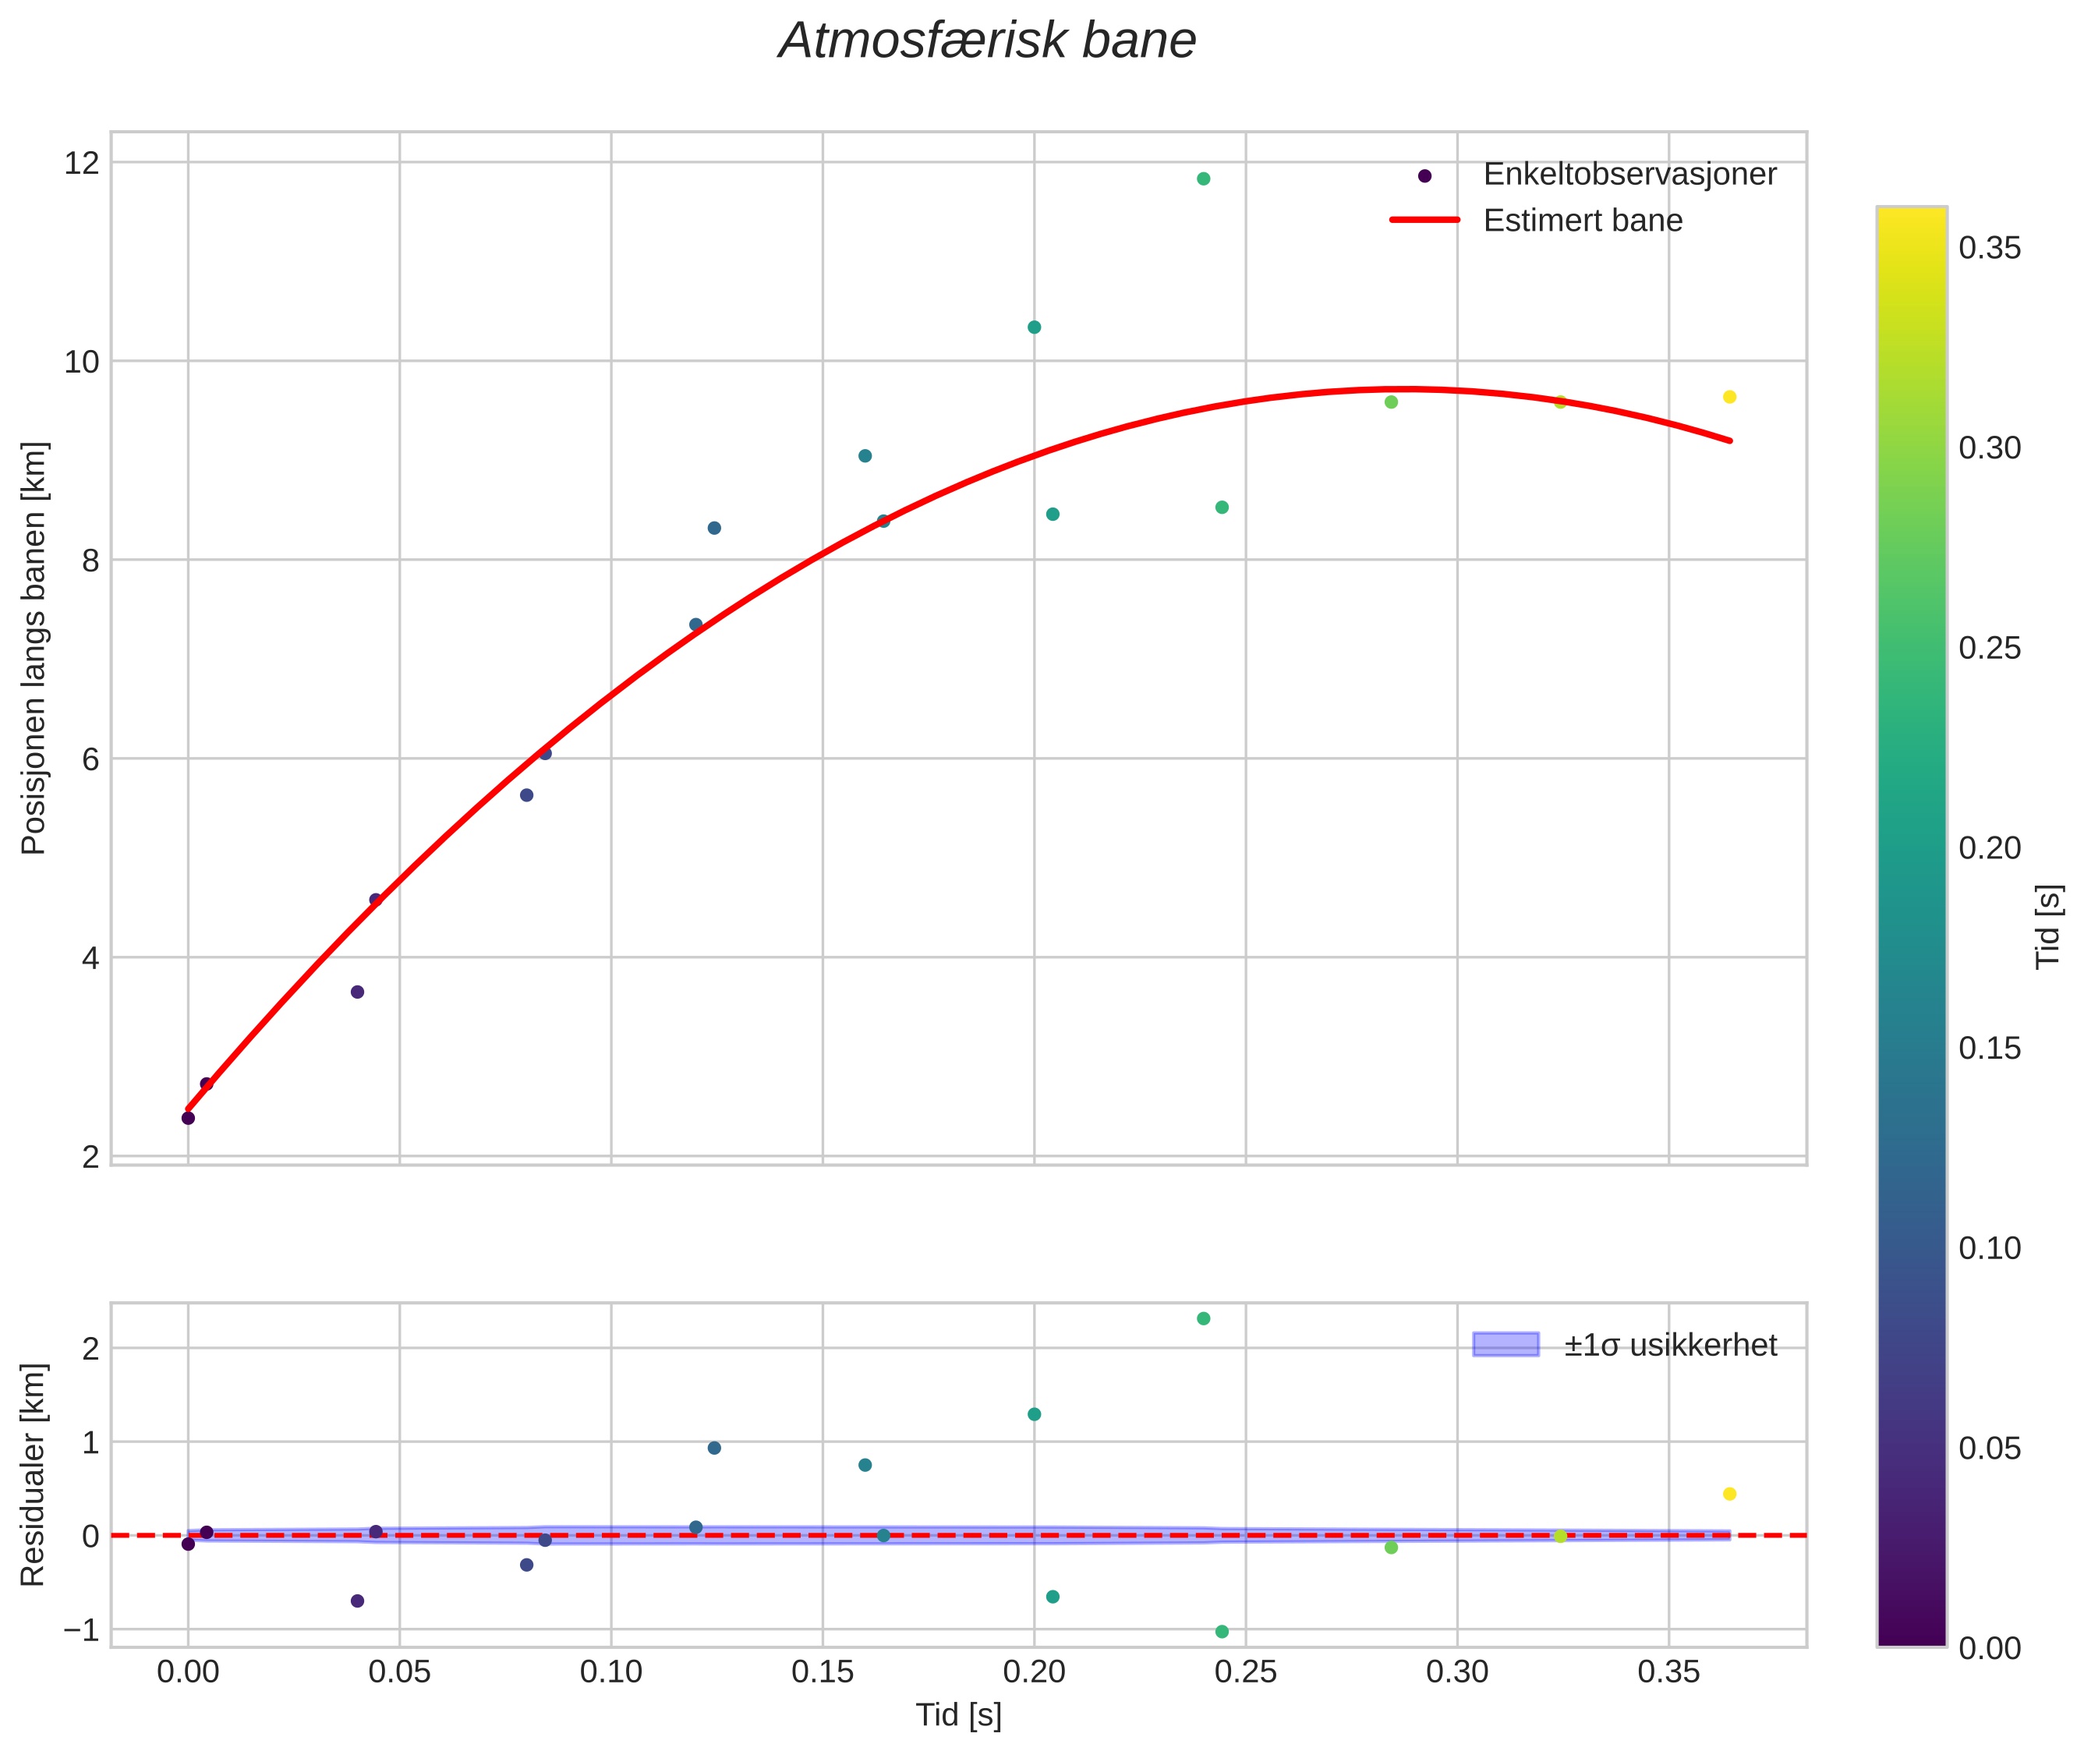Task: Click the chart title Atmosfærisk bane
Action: point(987,41)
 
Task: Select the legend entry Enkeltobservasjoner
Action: point(1628,175)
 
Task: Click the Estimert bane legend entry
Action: point(1582,221)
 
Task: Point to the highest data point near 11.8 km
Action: point(1203,179)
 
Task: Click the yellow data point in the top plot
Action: point(1729,397)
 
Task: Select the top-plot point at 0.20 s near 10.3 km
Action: point(1034,327)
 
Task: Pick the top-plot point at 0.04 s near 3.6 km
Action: point(357,992)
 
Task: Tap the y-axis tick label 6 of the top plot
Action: point(90,759)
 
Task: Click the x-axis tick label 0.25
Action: point(1245,1672)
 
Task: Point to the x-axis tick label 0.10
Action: point(610,1672)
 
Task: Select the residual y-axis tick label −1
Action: point(80,1631)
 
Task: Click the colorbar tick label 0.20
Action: point(1990,849)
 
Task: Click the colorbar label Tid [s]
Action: point(2048,926)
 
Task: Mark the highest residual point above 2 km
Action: point(1203,1318)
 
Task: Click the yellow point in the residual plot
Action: point(1729,1494)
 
